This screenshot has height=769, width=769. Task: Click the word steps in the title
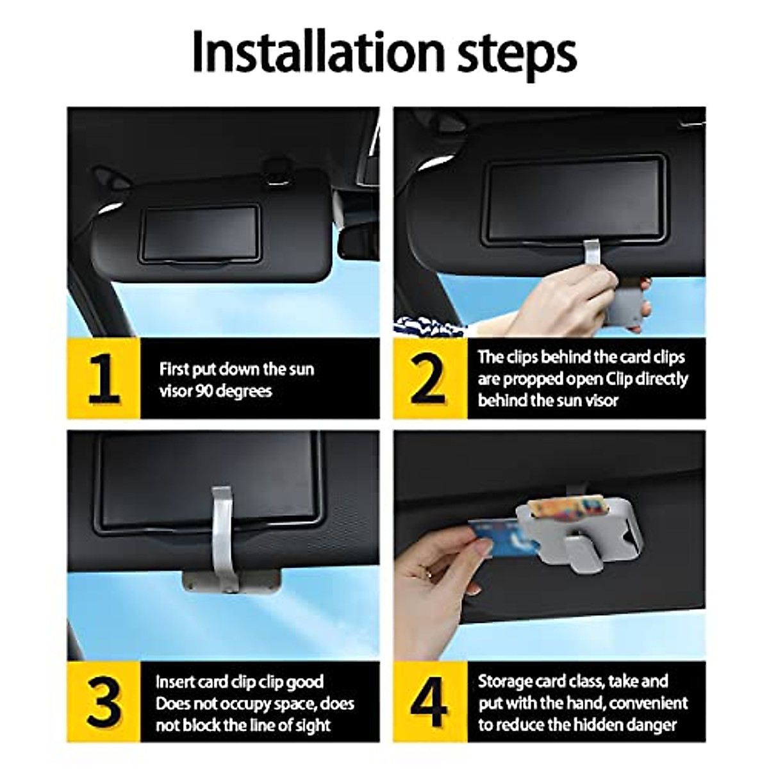tap(514, 55)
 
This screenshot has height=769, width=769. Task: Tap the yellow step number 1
tap(104, 378)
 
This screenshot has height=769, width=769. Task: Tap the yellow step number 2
tap(429, 378)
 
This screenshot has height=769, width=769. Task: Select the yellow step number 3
tap(104, 701)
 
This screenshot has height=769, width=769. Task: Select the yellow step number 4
tap(429, 701)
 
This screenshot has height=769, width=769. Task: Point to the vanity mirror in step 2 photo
tap(574, 199)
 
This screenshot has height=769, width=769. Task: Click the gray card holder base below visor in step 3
tap(231, 581)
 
